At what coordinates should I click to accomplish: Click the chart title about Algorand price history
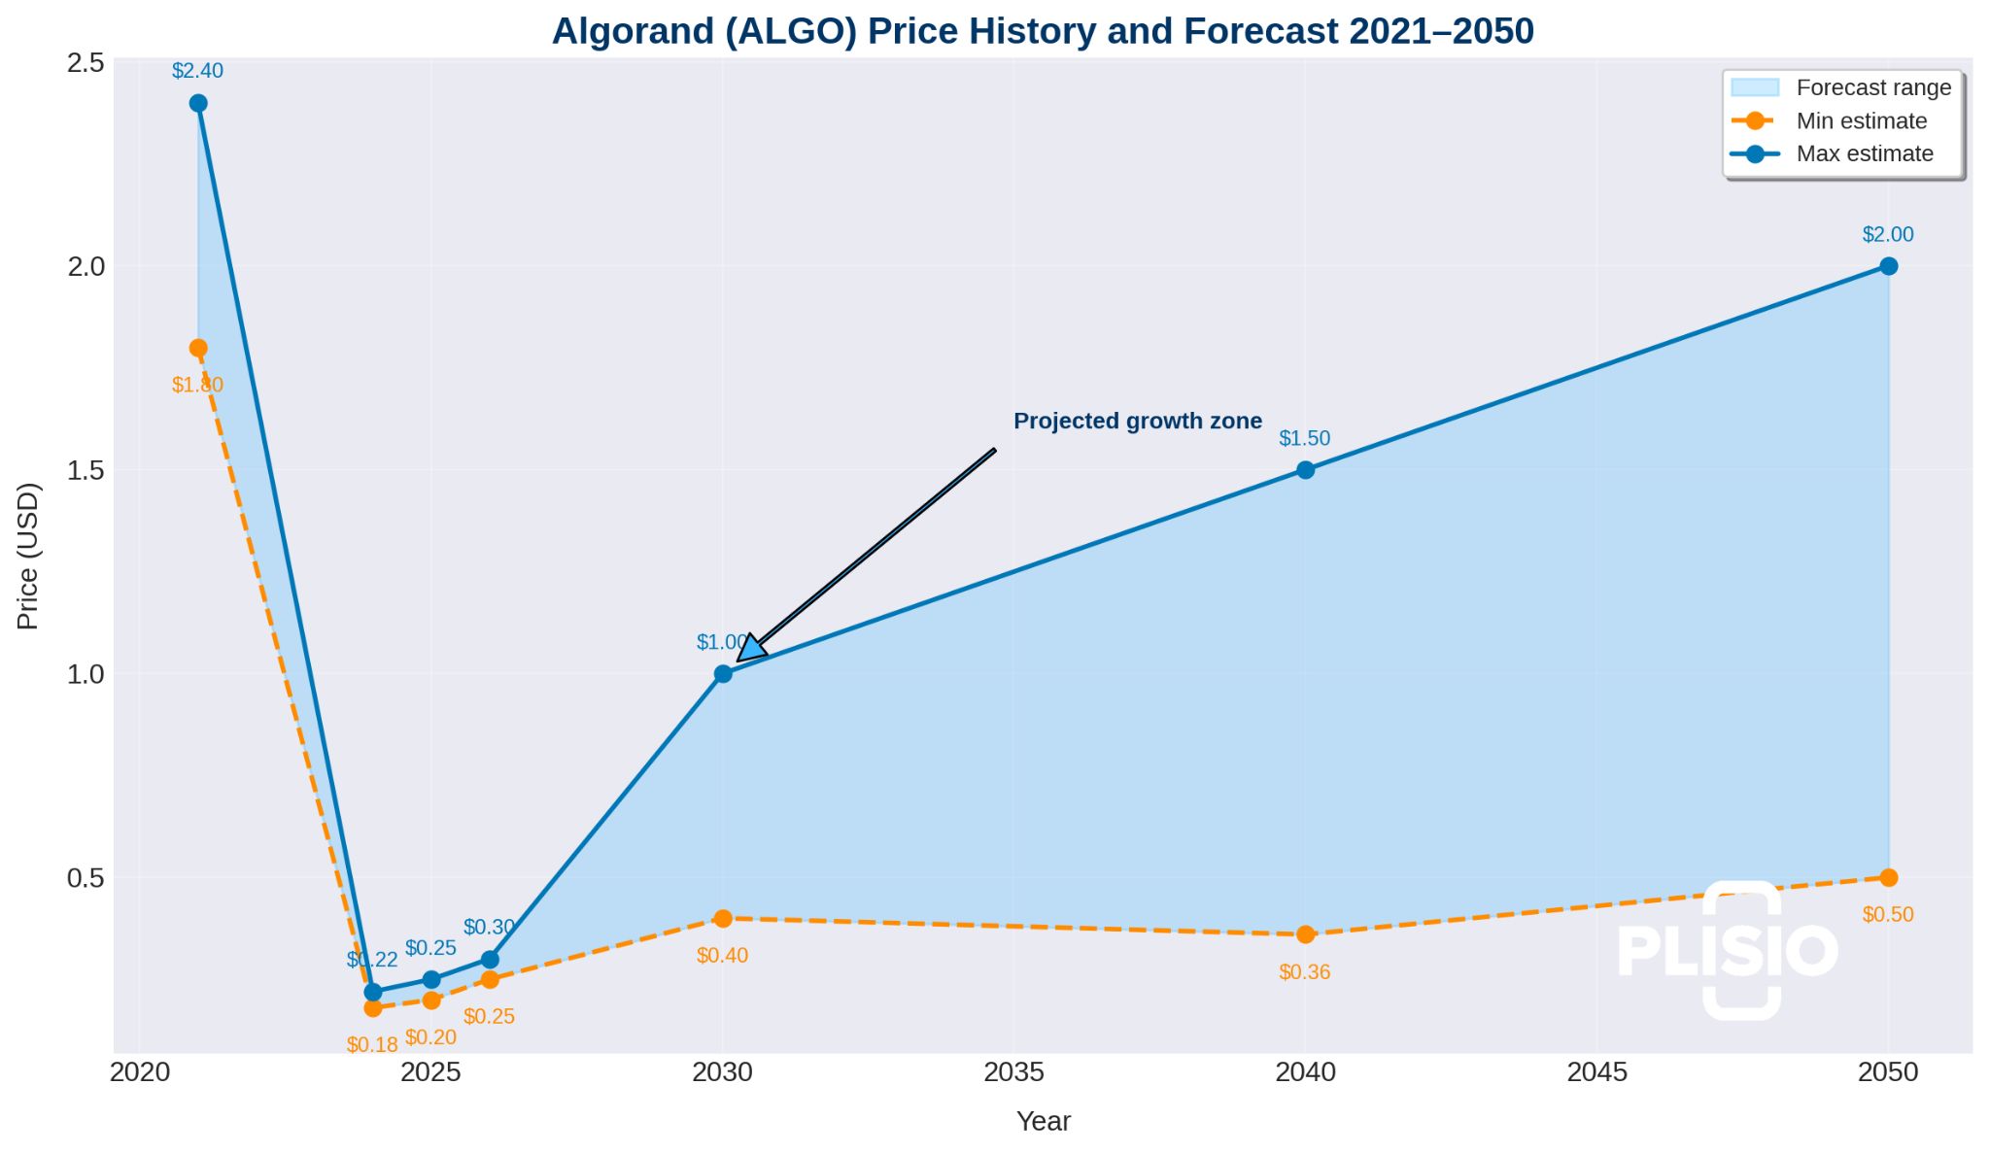click(x=1043, y=32)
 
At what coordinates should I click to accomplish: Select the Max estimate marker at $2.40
click(x=198, y=103)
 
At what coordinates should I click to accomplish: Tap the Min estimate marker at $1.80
click(x=198, y=348)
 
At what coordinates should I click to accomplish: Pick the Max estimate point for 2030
click(x=723, y=673)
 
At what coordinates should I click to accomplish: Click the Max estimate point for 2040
click(x=1306, y=470)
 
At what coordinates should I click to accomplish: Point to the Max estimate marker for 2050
click(x=1888, y=266)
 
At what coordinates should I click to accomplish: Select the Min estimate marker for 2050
click(x=1888, y=877)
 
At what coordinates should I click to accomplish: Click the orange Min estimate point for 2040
click(x=1306, y=934)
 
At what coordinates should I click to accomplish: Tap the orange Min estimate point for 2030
click(x=723, y=918)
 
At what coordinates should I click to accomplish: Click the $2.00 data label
click(x=1887, y=235)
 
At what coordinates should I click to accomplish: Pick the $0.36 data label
click(x=1304, y=972)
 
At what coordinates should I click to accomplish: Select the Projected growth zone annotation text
click(x=1137, y=422)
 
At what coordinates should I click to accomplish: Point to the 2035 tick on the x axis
click(x=1013, y=1072)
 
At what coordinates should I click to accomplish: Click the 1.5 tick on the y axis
click(x=86, y=470)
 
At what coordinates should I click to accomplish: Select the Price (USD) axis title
click(x=28, y=556)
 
